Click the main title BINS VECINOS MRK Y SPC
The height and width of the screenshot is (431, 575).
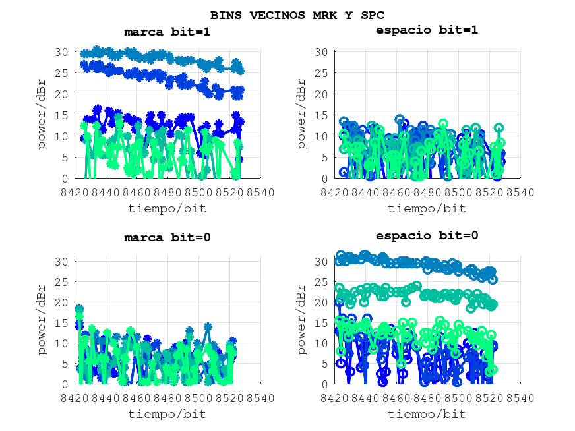click(x=297, y=14)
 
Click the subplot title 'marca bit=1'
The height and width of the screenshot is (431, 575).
click(x=167, y=31)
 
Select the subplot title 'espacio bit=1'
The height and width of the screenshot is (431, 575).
click(x=427, y=30)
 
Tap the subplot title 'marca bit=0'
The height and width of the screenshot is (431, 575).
click(x=167, y=237)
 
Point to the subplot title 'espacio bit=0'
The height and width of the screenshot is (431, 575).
click(x=427, y=235)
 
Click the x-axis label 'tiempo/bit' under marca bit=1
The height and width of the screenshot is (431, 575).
click(x=167, y=208)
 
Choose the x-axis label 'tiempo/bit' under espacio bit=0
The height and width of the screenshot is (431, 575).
click(x=427, y=414)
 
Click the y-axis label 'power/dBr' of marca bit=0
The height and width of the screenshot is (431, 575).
click(x=42, y=320)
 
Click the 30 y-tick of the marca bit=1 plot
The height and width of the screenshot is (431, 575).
click(x=62, y=52)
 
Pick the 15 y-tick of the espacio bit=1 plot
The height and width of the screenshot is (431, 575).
click(x=322, y=115)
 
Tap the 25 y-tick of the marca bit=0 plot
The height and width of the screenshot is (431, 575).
click(x=62, y=282)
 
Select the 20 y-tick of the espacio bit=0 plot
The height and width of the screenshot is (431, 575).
click(x=322, y=302)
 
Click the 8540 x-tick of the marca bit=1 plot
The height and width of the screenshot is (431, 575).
click(x=260, y=192)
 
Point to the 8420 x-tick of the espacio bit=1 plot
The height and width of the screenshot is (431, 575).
click(x=335, y=192)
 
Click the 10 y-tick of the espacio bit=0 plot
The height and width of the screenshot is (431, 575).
click(x=322, y=343)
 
